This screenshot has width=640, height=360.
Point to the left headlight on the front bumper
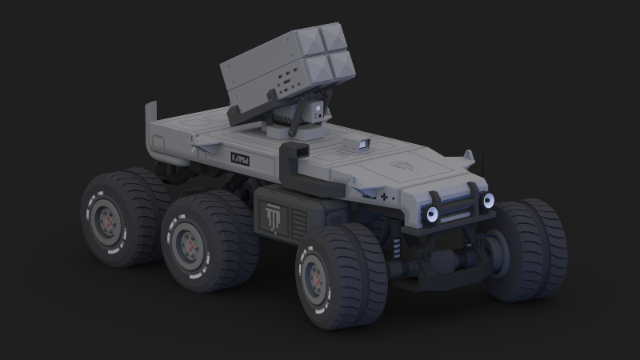pos(433,214)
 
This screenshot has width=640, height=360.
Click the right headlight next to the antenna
pos(486,200)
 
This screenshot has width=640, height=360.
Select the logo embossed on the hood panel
pos(401,170)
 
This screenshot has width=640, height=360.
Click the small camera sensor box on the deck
pos(357,144)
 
